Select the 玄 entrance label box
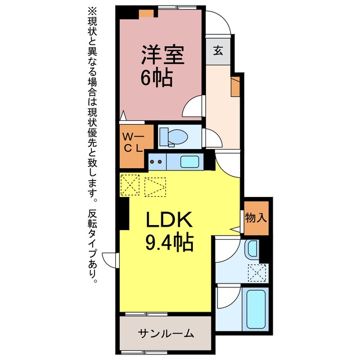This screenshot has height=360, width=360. pyautogui.click(x=217, y=49)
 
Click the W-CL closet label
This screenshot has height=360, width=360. pyautogui.click(x=134, y=142)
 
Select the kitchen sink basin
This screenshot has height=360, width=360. pyautogui.click(x=189, y=162)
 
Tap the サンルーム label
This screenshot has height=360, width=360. pyautogui.click(x=166, y=333)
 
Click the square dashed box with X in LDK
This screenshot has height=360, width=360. pyautogui.click(x=131, y=184)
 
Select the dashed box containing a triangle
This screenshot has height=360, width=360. pyautogui.click(x=156, y=186)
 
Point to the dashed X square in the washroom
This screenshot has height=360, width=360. pyautogui.click(x=258, y=273)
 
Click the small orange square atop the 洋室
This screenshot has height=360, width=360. pyautogui.click(x=147, y=13)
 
